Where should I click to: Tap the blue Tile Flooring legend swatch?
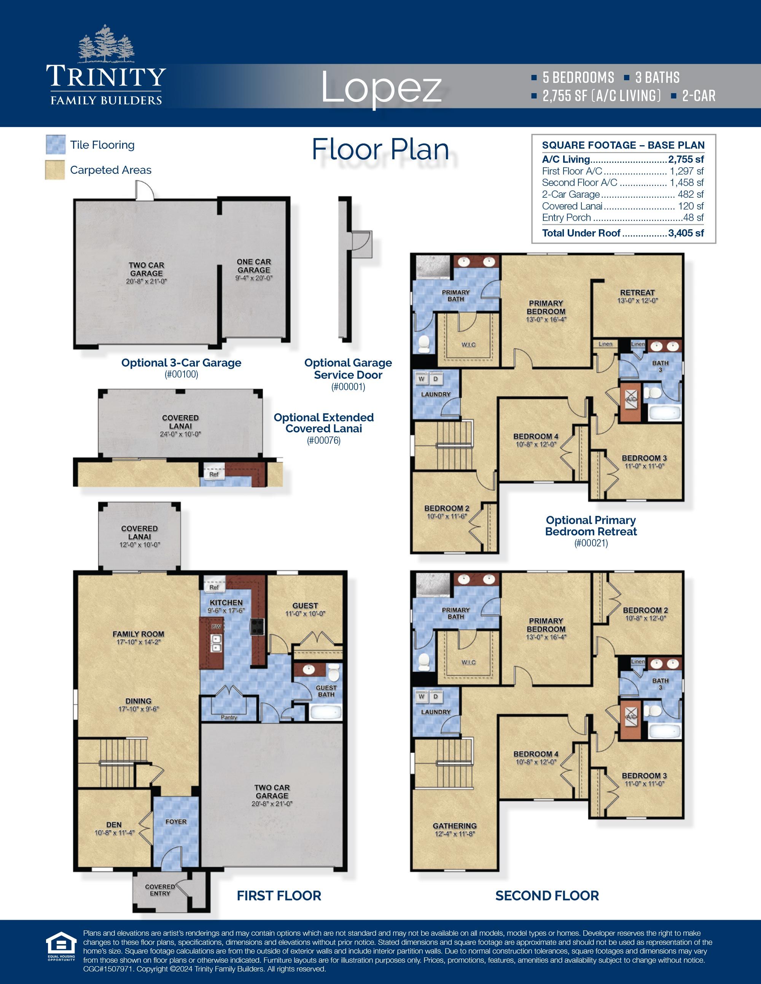click(56, 144)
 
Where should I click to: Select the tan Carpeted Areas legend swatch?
click(55, 170)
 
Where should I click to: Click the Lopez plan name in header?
click(381, 88)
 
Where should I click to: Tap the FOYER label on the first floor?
click(176, 821)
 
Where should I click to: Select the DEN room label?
click(114, 825)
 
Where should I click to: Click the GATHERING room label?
click(454, 826)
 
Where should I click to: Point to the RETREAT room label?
click(637, 292)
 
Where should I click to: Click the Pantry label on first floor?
click(229, 717)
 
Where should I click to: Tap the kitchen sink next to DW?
click(217, 643)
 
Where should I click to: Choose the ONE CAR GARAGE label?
click(254, 266)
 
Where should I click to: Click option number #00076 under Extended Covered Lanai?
click(323, 441)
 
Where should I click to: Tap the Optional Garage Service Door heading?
click(348, 368)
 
